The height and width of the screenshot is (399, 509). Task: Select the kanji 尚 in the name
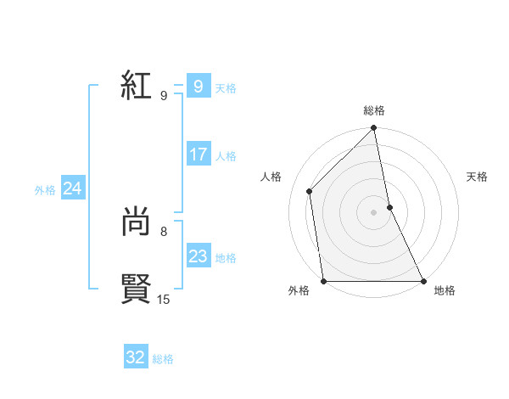[x=136, y=222]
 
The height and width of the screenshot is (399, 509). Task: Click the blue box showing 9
[x=199, y=87]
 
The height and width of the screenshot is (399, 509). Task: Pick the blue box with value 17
[x=199, y=155]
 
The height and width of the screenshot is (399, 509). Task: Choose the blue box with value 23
[x=199, y=256]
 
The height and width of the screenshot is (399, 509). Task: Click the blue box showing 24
[x=73, y=188]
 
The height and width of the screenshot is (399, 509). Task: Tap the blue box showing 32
[x=136, y=357]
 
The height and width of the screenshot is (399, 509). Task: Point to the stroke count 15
[x=164, y=299]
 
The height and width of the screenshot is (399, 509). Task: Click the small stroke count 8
[x=164, y=231]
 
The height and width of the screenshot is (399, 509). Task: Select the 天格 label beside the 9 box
[x=226, y=88]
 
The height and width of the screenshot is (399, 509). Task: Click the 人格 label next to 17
[x=226, y=156]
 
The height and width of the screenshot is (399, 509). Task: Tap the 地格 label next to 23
[x=226, y=258]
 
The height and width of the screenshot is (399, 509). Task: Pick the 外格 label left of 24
[x=45, y=190]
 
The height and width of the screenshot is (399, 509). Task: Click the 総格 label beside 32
[x=163, y=359]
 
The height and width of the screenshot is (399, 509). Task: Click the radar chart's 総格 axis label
[x=374, y=110]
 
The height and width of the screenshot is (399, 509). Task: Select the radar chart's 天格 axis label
[x=478, y=177]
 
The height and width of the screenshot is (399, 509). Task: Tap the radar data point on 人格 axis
[x=310, y=191]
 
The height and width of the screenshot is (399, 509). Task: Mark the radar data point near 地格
[x=422, y=281]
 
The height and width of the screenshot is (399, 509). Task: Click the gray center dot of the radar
[x=374, y=212]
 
